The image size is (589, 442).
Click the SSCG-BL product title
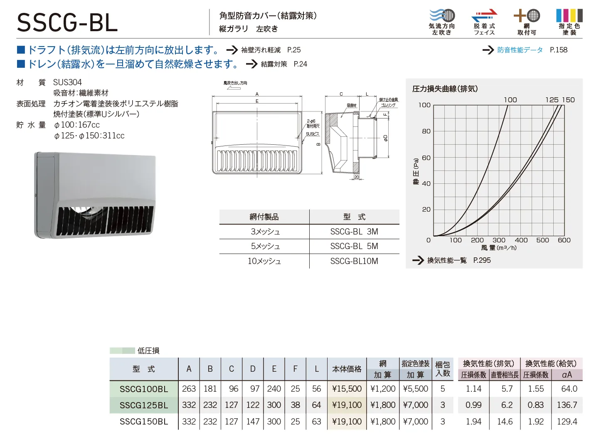(x=67, y=23)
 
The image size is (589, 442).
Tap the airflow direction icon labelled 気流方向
(x=442, y=15)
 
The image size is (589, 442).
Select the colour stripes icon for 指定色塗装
(x=569, y=15)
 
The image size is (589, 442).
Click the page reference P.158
(x=558, y=50)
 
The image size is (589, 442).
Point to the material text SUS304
(x=67, y=82)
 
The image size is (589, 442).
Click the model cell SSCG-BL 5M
(x=354, y=246)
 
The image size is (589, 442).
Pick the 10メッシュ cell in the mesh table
(x=264, y=261)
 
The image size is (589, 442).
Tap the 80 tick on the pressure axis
(x=426, y=131)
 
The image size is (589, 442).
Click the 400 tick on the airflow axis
(x=521, y=240)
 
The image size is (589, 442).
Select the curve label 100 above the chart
(x=510, y=100)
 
